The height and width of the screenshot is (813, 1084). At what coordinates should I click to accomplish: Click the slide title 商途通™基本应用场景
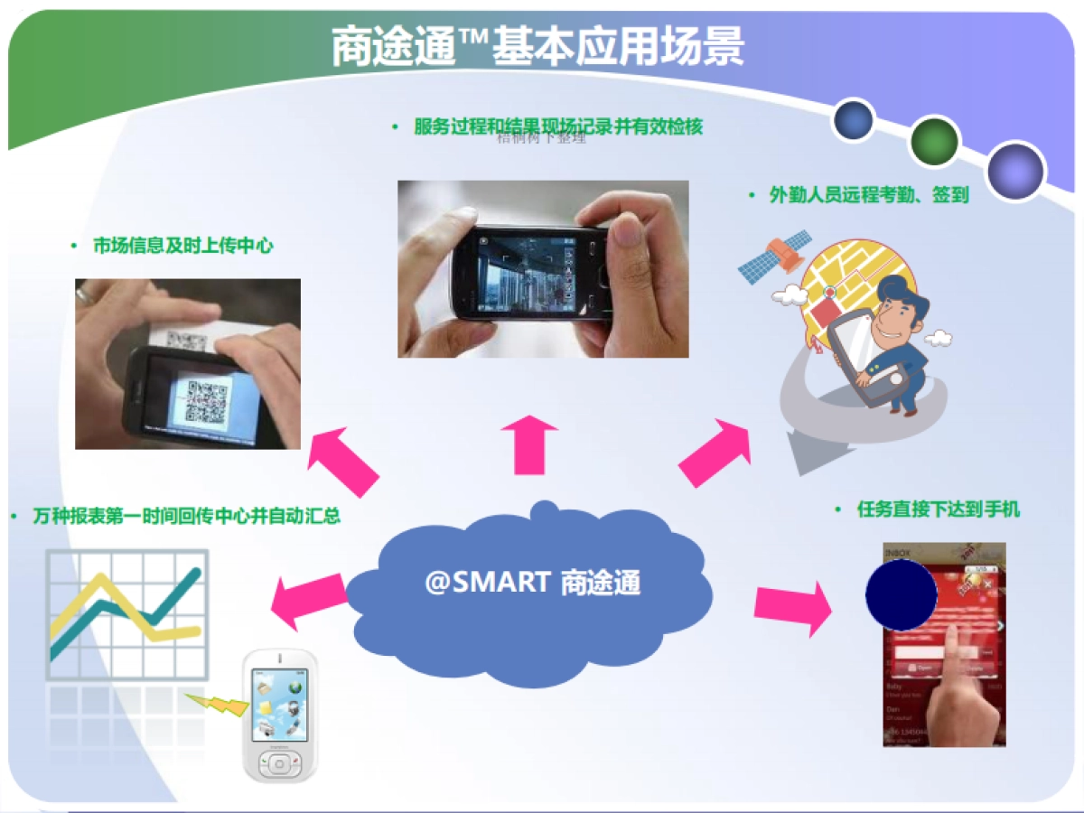[x=538, y=46]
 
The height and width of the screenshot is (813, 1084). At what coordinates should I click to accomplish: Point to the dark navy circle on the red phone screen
[x=901, y=595]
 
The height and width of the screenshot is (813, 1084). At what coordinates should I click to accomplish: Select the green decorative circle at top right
[x=934, y=142]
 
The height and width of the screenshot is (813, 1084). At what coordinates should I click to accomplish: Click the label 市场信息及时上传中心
[x=182, y=246]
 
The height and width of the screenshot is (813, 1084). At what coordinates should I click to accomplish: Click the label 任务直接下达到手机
[x=938, y=509]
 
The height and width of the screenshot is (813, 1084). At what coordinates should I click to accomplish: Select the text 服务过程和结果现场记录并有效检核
[x=557, y=127]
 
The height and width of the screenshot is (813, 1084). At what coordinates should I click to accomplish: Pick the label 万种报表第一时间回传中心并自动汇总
[x=186, y=517]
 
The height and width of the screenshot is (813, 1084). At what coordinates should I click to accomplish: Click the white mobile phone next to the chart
[x=279, y=714]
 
